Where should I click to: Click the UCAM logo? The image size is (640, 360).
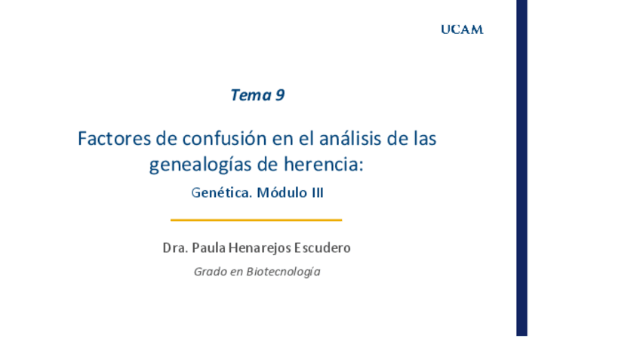462,30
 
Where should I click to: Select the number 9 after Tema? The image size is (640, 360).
280,95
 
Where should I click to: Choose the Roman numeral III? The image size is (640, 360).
317,192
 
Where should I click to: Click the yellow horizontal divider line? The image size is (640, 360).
256,220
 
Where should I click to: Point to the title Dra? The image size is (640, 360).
175,248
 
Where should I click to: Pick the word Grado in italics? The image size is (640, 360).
210,272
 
